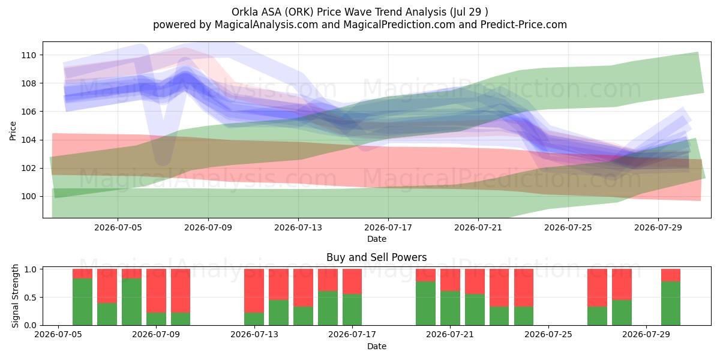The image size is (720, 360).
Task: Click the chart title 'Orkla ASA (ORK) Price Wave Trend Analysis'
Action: [339, 12]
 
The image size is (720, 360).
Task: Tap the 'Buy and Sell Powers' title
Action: [376, 257]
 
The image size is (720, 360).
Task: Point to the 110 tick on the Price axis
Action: [29, 55]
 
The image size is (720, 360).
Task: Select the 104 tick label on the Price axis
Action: [29, 140]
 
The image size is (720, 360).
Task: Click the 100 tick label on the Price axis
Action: [29, 196]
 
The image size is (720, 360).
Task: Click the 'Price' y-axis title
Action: [13, 131]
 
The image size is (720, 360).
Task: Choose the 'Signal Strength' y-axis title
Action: [15, 296]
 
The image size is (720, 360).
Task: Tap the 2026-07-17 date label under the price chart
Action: [388, 227]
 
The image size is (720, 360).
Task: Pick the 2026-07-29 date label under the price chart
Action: [658, 227]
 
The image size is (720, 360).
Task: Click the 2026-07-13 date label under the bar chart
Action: [254, 334]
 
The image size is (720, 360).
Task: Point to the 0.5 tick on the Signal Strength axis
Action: [30, 298]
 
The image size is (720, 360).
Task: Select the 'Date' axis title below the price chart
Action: [377, 239]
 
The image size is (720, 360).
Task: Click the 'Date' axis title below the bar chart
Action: [377, 346]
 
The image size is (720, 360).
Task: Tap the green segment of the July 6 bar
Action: [82, 302]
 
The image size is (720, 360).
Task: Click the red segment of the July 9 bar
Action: [156, 291]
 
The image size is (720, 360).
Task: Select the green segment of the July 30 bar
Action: [671, 304]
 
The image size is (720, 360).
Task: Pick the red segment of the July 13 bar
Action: [254, 291]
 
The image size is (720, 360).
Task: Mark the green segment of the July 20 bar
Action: [425, 304]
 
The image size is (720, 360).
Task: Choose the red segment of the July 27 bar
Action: [597, 288]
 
